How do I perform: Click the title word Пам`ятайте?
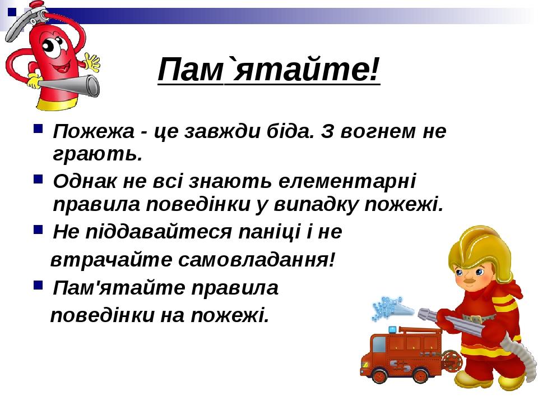click(x=269, y=70)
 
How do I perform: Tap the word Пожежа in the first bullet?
click(x=94, y=131)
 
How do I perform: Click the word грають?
click(x=98, y=155)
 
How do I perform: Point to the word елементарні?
click(x=347, y=181)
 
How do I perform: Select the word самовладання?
click(x=256, y=260)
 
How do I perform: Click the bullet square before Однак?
click(x=38, y=180)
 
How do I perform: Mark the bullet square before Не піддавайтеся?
click(x=38, y=229)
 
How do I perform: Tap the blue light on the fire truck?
click(x=393, y=330)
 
